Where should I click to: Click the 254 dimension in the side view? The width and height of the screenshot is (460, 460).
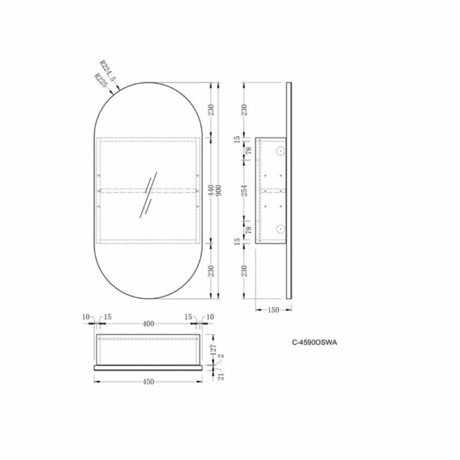246,190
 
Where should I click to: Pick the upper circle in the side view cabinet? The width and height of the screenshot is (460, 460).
280,152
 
